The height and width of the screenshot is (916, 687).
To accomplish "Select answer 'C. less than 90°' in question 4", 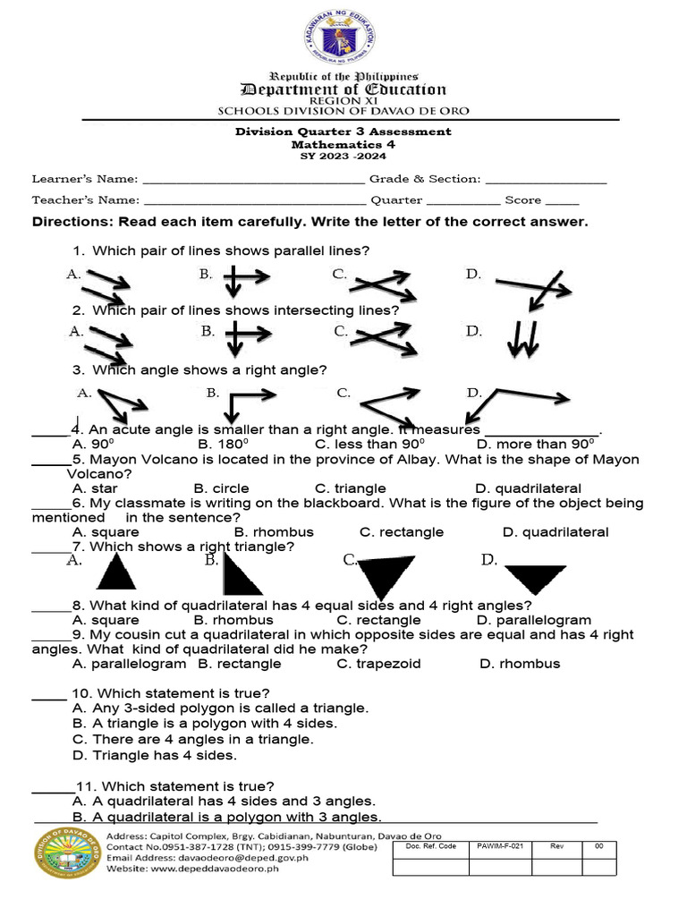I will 369,445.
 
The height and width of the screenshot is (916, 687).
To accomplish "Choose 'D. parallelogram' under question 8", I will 534,620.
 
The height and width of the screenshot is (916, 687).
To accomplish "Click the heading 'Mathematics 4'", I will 343,143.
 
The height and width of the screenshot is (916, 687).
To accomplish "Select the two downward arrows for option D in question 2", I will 523,339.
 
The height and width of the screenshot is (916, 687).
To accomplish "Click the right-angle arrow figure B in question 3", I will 242,404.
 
